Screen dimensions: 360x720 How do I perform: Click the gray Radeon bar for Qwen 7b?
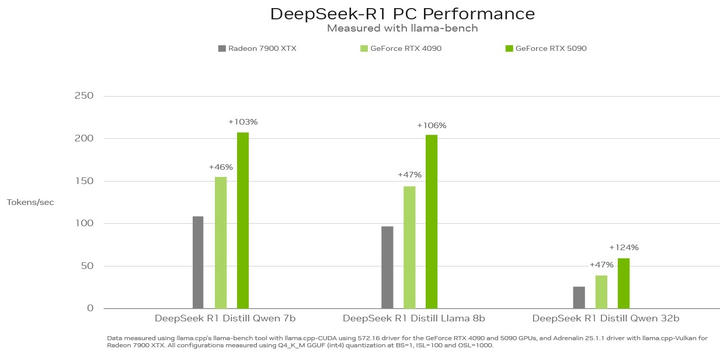198,262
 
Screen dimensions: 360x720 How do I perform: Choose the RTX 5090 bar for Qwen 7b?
242,220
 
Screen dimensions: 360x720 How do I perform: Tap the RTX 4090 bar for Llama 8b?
409,247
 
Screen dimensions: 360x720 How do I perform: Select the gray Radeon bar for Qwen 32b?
579,297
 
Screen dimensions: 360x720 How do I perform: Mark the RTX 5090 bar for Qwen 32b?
623,283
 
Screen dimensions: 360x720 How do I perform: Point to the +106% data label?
431,125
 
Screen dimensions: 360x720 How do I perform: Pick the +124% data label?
623,247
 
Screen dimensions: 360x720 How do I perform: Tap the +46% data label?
221,167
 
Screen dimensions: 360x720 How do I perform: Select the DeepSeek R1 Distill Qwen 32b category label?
601,318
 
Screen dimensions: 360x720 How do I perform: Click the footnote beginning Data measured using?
400,341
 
